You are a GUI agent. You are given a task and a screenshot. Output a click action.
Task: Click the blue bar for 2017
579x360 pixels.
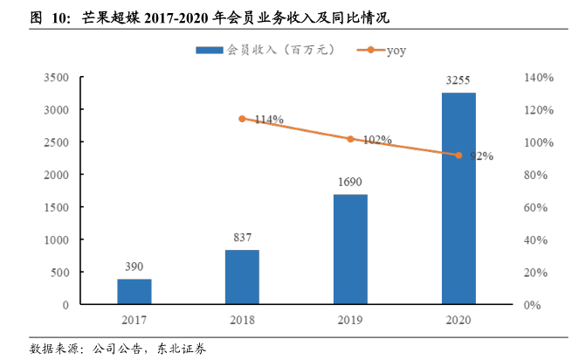pyautogui.click(x=134, y=292)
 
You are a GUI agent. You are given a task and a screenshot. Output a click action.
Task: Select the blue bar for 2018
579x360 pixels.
pyautogui.click(x=242, y=277)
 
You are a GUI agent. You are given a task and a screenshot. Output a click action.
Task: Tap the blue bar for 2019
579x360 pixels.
pyautogui.click(x=350, y=249)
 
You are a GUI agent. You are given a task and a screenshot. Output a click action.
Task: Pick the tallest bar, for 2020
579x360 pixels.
pyautogui.click(x=458, y=198)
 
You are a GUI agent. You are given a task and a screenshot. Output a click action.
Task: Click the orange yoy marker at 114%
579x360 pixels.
pyautogui.click(x=242, y=119)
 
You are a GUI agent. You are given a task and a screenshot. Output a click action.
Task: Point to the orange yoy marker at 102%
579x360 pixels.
pyautogui.click(x=350, y=139)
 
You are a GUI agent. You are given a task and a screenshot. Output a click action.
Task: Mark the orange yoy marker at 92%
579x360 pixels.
pyautogui.click(x=458, y=156)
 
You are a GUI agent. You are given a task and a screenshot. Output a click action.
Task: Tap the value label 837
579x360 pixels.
pyautogui.click(x=242, y=238)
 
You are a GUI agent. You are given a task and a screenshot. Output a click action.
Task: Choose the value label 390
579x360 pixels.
pyautogui.click(x=134, y=267)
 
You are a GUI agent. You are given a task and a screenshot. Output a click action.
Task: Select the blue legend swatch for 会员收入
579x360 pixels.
pyautogui.click(x=210, y=51)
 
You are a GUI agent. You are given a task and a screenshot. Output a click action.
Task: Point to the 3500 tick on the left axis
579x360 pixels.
pyautogui.click(x=57, y=78)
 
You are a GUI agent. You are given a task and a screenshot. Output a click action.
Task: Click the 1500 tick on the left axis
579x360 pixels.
pyautogui.click(x=57, y=207)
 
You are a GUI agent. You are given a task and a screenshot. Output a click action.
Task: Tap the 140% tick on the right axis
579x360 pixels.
pyautogui.click(x=539, y=78)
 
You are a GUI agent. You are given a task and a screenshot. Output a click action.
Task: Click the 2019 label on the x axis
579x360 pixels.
pyautogui.click(x=350, y=320)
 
